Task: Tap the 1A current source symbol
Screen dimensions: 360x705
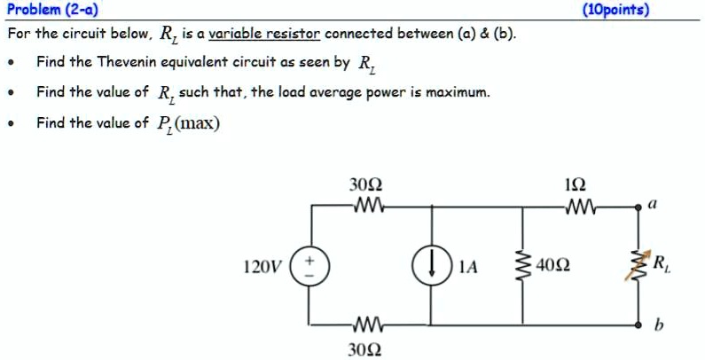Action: tap(432, 265)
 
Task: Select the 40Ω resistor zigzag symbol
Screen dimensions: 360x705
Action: tap(521, 265)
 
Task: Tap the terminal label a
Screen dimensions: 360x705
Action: tap(653, 203)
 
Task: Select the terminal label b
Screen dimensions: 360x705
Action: tap(657, 325)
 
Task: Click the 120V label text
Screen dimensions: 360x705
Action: tap(261, 266)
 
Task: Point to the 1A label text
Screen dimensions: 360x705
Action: tap(469, 266)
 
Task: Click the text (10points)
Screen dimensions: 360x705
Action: tap(615, 10)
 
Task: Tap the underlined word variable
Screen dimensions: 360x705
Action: tap(236, 35)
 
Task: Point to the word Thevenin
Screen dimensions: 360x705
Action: tap(131, 63)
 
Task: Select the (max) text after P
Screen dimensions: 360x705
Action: tap(193, 122)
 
